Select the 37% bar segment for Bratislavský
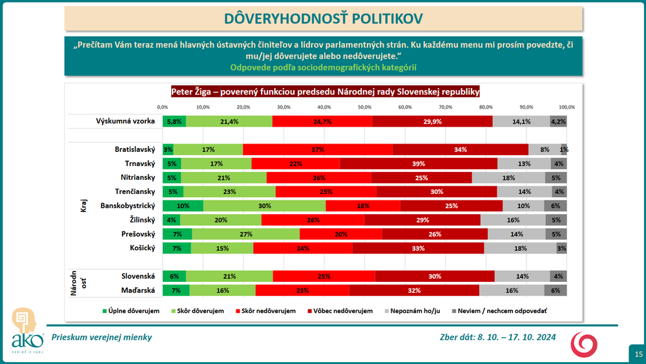(x=317, y=149)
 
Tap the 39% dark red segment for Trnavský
(x=419, y=163)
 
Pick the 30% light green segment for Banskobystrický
(x=264, y=206)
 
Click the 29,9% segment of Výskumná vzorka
(x=433, y=121)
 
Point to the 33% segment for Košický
(x=419, y=248)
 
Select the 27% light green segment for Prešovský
(x=245, y=233)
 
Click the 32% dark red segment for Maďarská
(x=414, y=290)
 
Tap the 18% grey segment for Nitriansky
(x=508, y=177)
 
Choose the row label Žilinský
(x=138, y=220)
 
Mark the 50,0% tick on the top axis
(x=364, y=107)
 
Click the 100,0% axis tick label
(x=567, y=107)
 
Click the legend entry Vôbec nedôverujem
(x=343, y=311)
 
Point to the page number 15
(x=638, y=354)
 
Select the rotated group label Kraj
(x=83, y=206)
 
